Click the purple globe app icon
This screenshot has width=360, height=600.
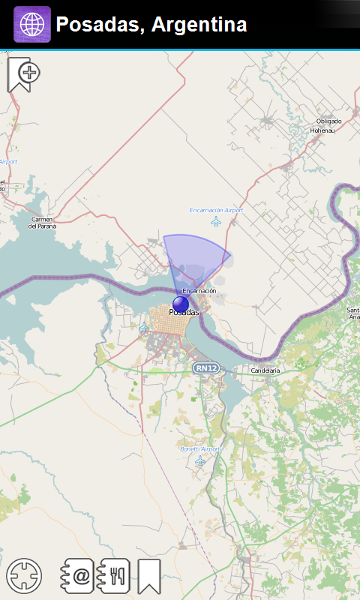click(x=32, y=25)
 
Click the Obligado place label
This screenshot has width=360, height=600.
click(x=328, y=121)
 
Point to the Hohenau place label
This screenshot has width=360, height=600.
click(x=323, y=130)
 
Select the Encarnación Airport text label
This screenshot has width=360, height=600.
click(x=216, y=211)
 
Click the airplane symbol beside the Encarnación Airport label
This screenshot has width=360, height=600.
click(x=217, y=221)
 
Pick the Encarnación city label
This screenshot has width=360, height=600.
click(x=199, y=290)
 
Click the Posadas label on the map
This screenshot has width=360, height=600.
click(x=184, y=312)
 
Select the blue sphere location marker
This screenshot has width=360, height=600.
click(x=181, y=303)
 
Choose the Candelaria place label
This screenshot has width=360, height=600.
click(x=265, y=370)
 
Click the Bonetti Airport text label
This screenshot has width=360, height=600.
click(x=200, y=448)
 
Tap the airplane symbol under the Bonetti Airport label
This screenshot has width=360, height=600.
click(x=200, y=460)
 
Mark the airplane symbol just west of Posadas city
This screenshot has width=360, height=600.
click(x=144, y=328)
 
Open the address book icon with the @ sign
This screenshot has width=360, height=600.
click(x=78, y=576)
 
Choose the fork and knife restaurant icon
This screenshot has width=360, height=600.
click(x=115, y=576)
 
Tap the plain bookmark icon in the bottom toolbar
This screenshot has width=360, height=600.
click(x=148, y=576)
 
